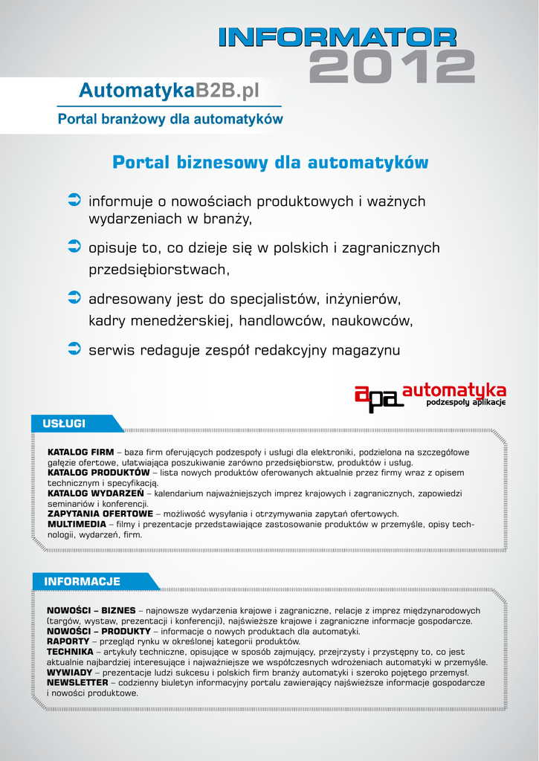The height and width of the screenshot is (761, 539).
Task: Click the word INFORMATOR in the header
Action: pos(338,38)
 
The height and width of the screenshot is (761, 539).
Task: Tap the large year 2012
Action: pos(392,68)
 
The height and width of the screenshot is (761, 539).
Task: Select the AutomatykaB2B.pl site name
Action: pos(170,91)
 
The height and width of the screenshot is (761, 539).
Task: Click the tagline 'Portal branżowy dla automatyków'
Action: pos(170,118)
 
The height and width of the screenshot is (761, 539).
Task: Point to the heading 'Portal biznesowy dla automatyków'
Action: pos(271,163)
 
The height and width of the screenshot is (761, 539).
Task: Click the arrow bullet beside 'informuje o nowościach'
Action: pos(74,198)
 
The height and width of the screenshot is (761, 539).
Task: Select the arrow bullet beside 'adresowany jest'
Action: pos(74,297)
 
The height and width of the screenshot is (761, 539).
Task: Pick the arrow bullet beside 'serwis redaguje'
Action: pos(74,347)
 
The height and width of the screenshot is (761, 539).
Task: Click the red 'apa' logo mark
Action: pos(378,398)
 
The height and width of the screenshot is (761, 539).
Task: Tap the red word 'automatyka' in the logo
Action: pos(454,390)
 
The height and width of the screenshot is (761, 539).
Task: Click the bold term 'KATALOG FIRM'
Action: pos(80,452)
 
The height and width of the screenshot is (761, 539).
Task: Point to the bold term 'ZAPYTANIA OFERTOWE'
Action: pos(100,514)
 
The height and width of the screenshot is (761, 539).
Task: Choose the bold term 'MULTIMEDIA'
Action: pos(76,524)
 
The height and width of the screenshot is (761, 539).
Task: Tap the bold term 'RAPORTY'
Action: pos(68,641)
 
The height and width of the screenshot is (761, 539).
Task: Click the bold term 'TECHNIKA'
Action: pos(70,652)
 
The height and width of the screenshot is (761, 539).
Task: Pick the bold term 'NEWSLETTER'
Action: pos(77,682)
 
